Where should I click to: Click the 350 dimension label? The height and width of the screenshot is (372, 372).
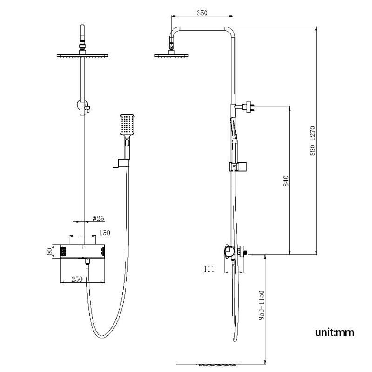(x=201, y=13)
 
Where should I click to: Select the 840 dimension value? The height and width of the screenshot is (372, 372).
(x=286, y=181)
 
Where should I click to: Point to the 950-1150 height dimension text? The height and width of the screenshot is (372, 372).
(x=262, y=305)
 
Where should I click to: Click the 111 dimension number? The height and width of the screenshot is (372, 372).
(x=208, y=269)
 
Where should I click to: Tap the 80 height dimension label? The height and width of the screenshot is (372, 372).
(x=50, y=252)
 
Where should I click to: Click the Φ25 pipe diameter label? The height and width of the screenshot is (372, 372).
(x=98, y=218)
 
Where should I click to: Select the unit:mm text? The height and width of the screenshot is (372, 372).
(x=334, y=332)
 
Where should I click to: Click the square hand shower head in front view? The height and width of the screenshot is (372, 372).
(x=127, y=126)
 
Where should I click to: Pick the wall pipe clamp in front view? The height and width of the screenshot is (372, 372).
(x=83, y=106)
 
